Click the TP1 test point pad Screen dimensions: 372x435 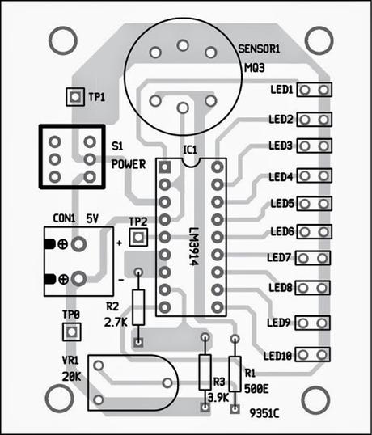point(75,97)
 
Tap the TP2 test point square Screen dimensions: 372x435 point(138,237)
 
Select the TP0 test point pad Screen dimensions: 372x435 point(72,332)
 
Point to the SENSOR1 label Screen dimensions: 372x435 point(259,49)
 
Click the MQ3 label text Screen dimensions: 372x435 point(255,68)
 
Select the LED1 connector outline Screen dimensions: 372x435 point(315,90)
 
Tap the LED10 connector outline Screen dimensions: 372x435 point(313,354)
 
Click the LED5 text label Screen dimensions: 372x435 point(282,204)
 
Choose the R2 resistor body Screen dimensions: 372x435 point(138,307)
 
